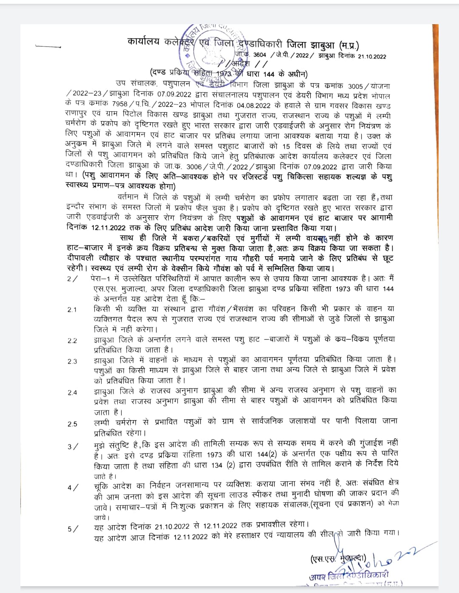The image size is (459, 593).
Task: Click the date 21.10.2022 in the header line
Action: coord(372,56)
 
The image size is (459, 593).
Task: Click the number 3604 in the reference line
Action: coord(259,55)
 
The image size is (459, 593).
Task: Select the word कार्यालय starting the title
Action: coord(143,41)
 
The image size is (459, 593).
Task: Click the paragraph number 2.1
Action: coord(72,310)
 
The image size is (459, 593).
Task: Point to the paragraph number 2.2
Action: coord(72,341)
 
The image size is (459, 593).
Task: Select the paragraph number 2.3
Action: coord(72,361)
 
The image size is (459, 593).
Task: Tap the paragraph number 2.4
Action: coord(72,393)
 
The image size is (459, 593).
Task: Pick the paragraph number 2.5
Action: coord(72,424)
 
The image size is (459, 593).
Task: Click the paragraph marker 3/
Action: coord(73,446)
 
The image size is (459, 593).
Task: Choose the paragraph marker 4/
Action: coord(73,488)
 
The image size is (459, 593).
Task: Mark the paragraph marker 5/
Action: coord(73,529)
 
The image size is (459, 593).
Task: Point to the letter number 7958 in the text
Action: coord(120,104)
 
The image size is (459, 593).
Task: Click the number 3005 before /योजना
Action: coord(355,86)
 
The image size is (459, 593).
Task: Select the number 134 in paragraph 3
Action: coord(217,465)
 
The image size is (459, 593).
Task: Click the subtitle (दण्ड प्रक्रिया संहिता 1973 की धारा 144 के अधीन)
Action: coord(229,73)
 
